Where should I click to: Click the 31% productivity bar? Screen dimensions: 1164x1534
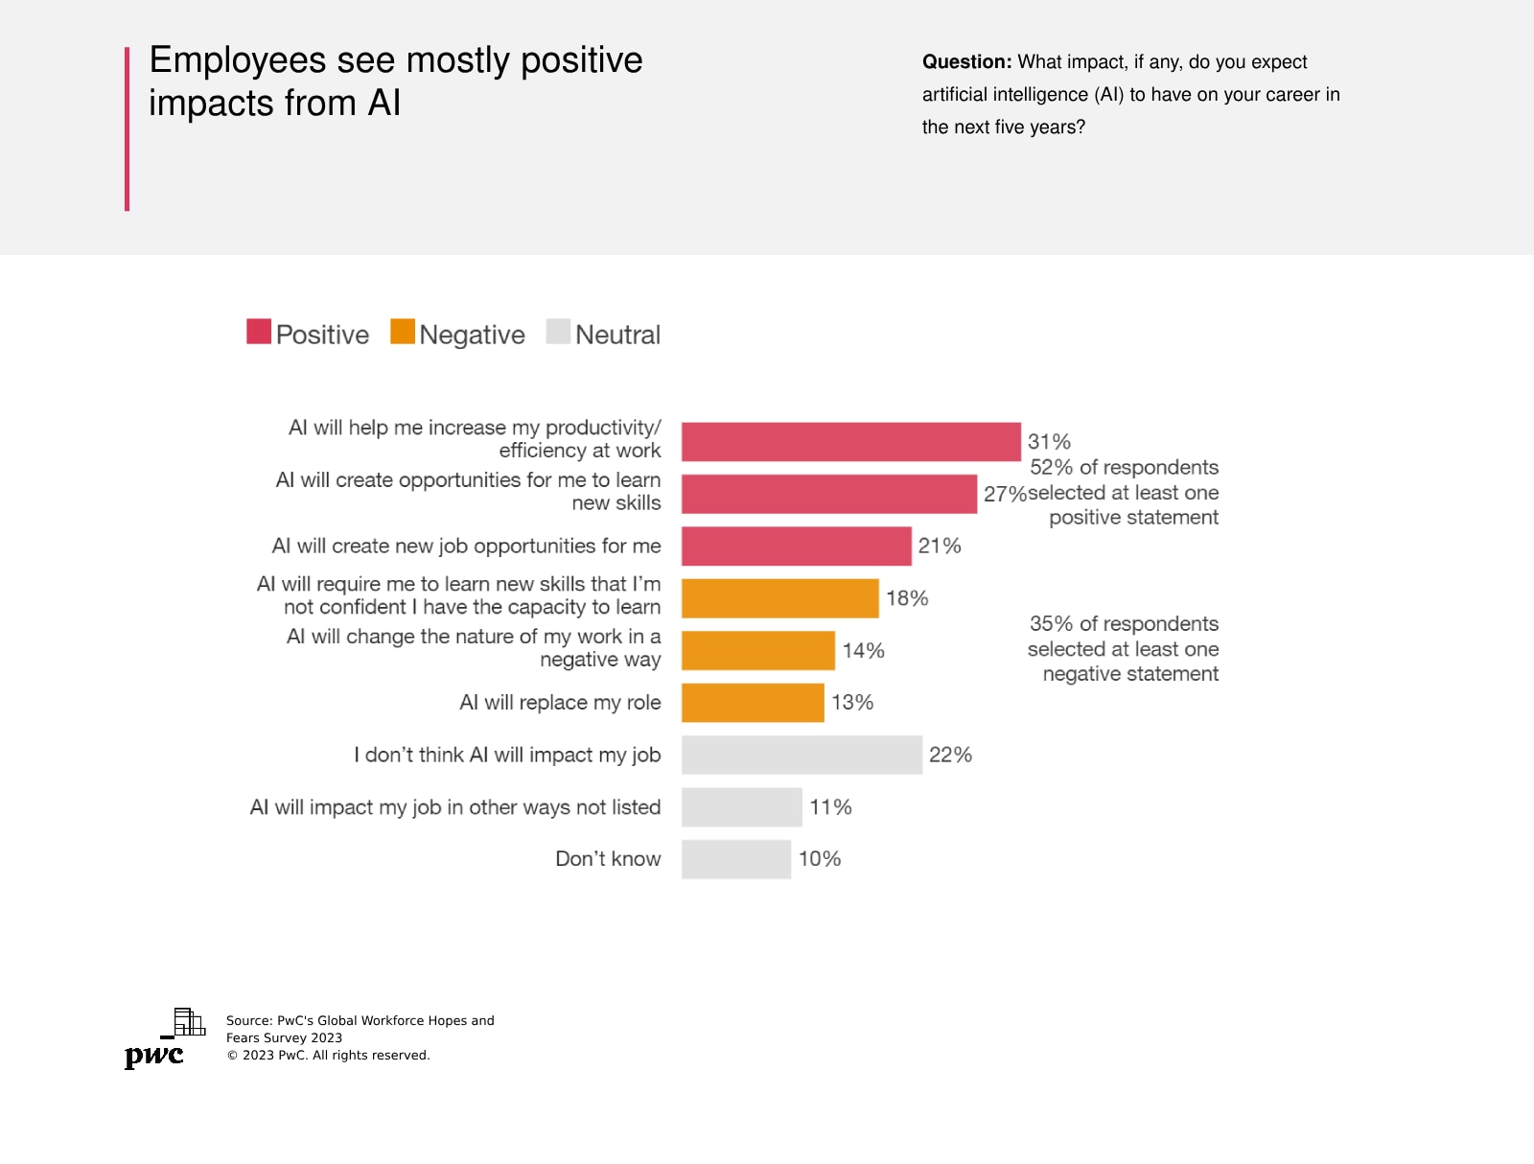point(850,442)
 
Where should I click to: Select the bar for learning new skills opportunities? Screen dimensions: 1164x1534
point(828,494)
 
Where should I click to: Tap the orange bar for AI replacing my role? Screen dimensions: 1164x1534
point(753,703)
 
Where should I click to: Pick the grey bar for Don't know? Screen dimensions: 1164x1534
point(735,859)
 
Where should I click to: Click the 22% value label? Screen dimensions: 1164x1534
point(950,756)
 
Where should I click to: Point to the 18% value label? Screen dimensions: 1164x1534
point(907,598)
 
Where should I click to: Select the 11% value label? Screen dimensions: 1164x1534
point(830,807)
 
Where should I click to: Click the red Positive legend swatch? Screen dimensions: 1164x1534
point(259,332)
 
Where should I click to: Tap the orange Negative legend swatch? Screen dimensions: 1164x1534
point(403,332)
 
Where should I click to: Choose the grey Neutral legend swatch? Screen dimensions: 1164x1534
point(558,332)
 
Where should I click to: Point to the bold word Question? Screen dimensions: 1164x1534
point(966,62)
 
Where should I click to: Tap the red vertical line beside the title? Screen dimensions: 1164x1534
point(127,128)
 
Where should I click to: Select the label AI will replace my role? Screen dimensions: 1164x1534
point(560,703)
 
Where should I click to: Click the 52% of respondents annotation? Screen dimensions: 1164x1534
point(1124,493)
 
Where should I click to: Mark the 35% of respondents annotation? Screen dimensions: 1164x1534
point(1123,649)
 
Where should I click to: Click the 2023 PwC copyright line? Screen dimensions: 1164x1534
point(328,1056)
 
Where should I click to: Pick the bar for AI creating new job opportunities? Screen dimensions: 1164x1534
point(796,547)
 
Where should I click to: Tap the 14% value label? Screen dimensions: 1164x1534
point(863,651)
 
